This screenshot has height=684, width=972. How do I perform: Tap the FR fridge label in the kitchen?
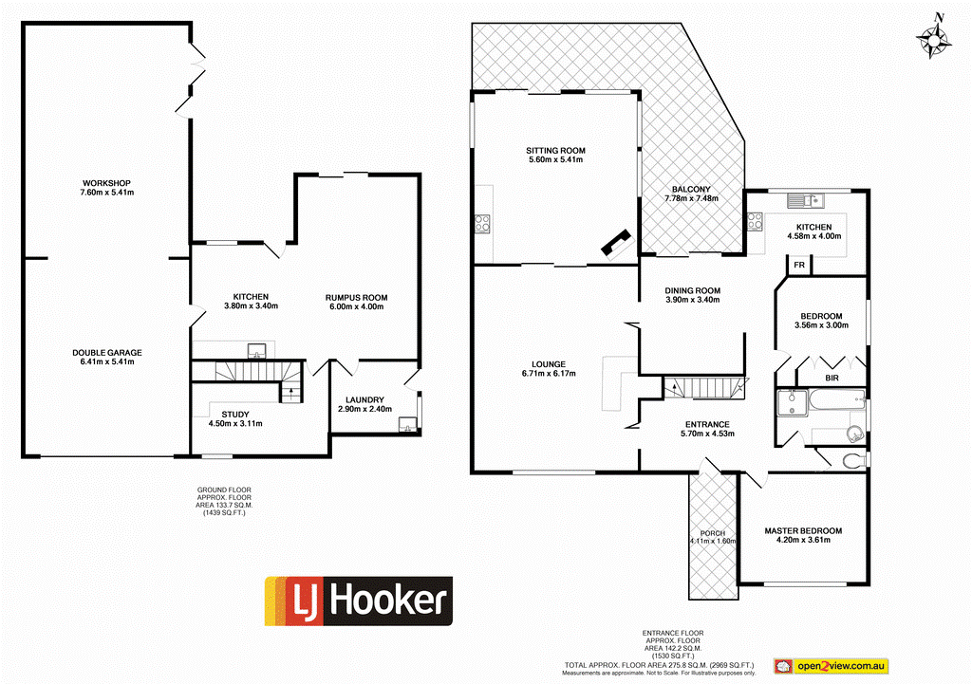(799, 266)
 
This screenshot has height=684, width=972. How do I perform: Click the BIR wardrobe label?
(832, 378)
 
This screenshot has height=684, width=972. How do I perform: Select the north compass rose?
(935, 38)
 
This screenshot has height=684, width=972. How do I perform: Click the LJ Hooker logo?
(358, 601)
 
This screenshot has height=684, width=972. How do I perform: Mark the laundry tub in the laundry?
(409, 424)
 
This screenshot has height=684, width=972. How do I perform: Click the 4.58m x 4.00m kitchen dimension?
(814, 235)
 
